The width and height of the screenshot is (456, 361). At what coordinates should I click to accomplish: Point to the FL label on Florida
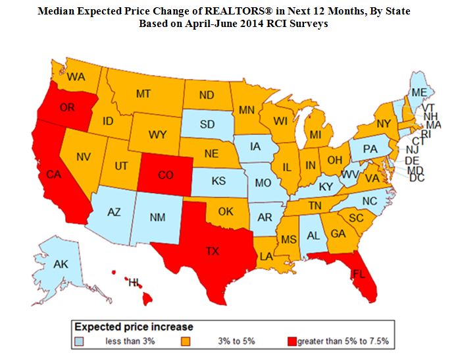click(359, 271)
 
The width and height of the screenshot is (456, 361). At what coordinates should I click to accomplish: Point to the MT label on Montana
click(144, 94)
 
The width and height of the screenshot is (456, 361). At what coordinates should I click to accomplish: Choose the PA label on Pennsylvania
click(370, 150)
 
